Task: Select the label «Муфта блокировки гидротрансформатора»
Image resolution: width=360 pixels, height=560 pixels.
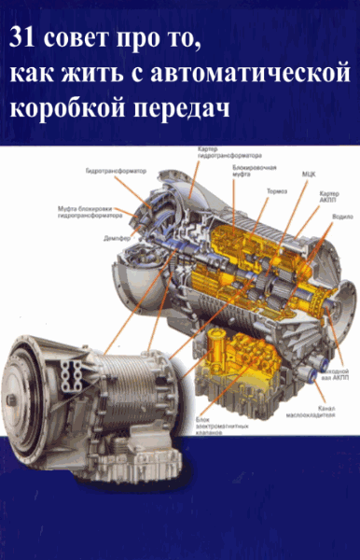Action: click(85, 210)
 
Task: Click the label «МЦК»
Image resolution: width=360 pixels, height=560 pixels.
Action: click(307, 173)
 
